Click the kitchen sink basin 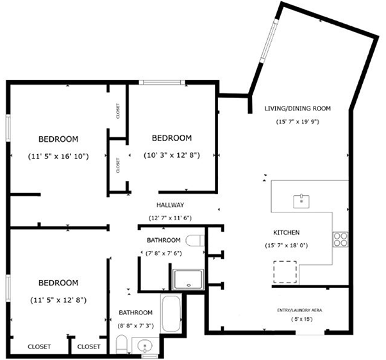[301, 201]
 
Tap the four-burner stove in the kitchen [340, 239]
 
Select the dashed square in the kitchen [285, 272]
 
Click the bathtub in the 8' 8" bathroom [171, 313]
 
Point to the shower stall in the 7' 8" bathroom [189, 279]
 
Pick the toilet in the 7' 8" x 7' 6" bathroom [195, 241]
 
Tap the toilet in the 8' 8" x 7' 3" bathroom [121, 344]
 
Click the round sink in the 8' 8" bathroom [145, 346]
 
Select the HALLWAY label [170, 205]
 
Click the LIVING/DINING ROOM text [298, 108]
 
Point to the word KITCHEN [287, 232]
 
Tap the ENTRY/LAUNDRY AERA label [299, 310]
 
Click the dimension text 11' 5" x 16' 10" [58, 156]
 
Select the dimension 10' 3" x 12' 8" [172, 155]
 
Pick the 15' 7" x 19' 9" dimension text [298, 121]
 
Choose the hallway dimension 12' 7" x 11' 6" [170, 218]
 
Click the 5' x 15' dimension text [302, 319]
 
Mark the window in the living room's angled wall [269, 41]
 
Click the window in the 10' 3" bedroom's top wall [162, 82]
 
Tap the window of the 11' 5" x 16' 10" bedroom [8, 128]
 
